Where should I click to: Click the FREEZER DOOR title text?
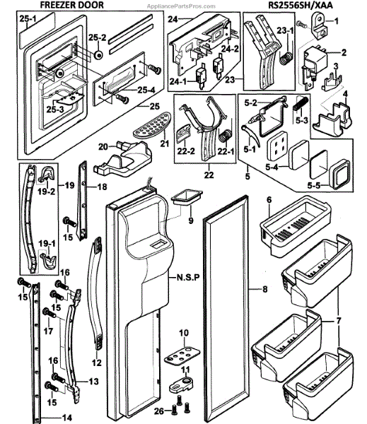(71, 5)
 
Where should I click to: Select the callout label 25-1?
(28, 19)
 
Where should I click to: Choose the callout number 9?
(191, 220)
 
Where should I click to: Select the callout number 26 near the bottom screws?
(159, 411)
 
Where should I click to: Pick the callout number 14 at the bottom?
(66, 418)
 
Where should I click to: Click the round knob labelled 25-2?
(98, 55)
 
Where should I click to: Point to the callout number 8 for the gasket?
(264, 289)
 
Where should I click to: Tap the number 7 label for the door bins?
(339, 321)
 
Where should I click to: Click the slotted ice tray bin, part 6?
(296, 227)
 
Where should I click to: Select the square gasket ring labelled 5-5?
(339, 174)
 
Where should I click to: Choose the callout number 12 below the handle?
(97, 363)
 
